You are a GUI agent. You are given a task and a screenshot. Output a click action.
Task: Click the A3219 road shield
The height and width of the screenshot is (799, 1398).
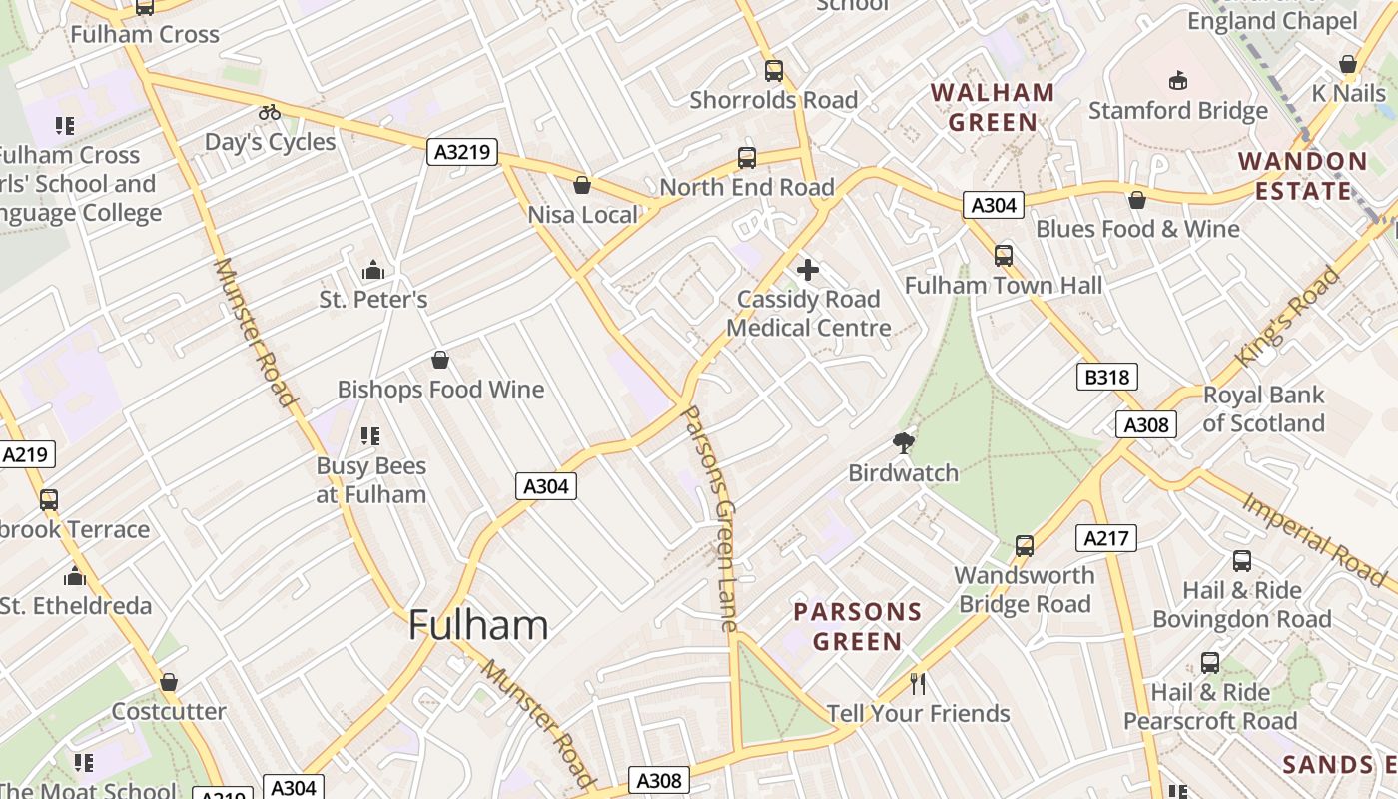point(462,152)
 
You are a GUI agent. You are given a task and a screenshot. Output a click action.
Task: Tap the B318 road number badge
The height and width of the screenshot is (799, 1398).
point(1106,377)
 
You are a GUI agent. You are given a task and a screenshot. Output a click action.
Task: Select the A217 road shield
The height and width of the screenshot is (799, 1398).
point(1106,539)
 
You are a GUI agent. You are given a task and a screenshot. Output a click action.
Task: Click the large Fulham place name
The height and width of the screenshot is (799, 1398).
point(478,626)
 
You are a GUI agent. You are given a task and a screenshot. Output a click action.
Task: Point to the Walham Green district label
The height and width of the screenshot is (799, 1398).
point(993,108)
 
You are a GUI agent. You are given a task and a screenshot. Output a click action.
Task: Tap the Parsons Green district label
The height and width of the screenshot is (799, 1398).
point(857,626)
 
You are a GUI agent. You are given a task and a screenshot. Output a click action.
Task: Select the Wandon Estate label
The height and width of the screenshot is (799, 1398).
point(1302,176)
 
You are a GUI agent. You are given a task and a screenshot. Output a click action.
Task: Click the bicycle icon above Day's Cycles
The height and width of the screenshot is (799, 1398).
point(270,112)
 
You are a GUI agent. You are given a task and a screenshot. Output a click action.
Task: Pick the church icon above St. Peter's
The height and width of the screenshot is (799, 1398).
point(373,270)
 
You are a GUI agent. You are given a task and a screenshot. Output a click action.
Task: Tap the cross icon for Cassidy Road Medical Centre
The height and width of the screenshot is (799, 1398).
point(808,270)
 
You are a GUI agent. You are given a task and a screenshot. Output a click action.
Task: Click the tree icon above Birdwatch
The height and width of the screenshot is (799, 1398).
point(903,443)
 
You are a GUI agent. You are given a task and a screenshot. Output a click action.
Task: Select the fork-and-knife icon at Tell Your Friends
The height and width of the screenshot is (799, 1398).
point(918,684)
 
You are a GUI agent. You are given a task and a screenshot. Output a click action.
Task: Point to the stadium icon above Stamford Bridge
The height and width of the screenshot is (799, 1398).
point(1177,81)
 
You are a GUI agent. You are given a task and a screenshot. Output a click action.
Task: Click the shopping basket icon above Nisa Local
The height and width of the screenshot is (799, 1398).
point(582,186)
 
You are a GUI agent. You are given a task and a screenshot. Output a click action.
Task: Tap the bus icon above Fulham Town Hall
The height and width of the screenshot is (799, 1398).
point(1004,256)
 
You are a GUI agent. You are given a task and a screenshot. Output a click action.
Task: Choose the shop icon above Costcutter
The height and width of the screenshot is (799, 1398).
point(169,683)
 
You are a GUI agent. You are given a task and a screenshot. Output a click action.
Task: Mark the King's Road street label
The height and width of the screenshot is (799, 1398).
point(1288,316)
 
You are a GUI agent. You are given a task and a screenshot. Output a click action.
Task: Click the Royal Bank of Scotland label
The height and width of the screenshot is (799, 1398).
point(1263,408)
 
